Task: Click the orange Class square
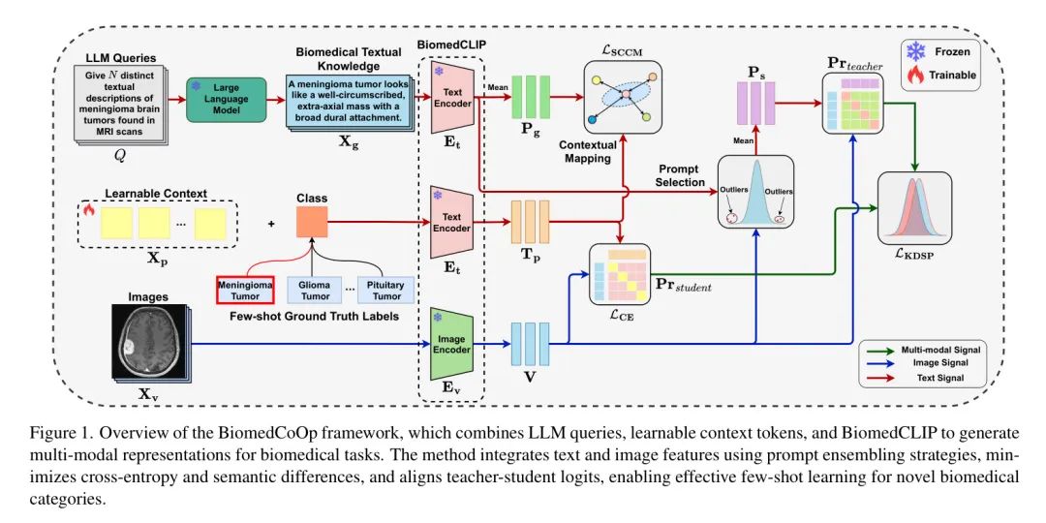pos(312,222)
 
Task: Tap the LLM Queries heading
pos(121,59)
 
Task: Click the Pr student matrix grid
pos(619,275)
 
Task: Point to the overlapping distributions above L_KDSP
pos(914,208)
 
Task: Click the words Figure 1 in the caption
pos(54,434)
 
